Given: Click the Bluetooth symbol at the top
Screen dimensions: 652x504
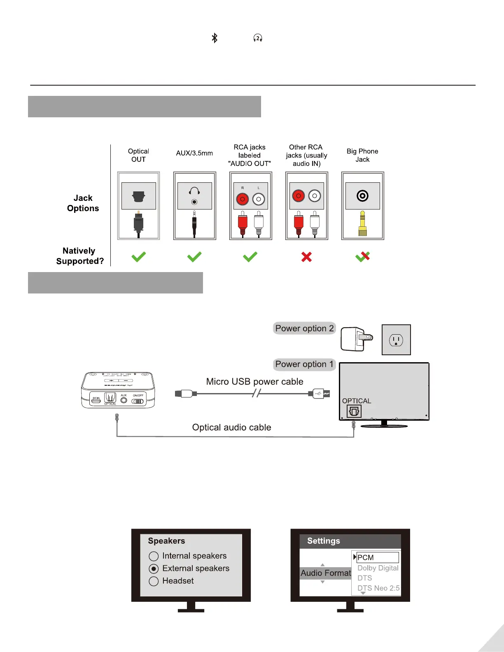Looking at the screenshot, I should pos(215,38).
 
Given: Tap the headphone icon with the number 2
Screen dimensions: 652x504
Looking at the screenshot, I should pos(258,38).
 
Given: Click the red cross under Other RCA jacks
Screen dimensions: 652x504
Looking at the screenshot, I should pos(306,257).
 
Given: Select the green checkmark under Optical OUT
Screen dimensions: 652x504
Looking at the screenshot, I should pos(138,257).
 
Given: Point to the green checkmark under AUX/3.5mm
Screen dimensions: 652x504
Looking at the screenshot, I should pos(194,257).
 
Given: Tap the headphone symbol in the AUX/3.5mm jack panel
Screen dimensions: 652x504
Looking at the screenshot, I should pos(194,191).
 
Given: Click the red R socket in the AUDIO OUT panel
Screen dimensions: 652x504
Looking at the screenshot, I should pos(243,200).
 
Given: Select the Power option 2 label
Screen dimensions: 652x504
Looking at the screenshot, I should pos(304,328).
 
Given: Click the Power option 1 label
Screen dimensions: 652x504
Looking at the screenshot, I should pos(304,364).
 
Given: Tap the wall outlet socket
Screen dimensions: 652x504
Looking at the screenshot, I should pos(396,340).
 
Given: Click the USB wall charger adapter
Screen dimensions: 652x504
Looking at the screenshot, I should pos(356,339).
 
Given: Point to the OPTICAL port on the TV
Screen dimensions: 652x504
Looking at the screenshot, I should pos(354,411).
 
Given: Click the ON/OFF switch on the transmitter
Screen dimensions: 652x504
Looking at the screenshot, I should pos(138,401).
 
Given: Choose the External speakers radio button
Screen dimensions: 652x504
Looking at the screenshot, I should pos(154,569).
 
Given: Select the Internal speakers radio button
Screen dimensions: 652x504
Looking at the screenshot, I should pos(154,557).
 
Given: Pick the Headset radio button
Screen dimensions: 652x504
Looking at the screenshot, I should pos(154,581).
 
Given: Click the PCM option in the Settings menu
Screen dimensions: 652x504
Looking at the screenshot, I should pos(377,557).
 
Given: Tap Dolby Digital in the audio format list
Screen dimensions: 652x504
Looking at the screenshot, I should pos(378,568).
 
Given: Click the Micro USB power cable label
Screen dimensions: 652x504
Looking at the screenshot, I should pos(254,382).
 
